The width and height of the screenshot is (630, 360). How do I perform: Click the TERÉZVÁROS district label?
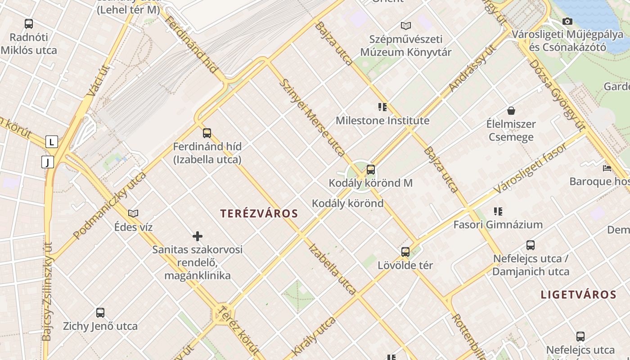259,213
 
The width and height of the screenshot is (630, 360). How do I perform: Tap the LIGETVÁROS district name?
578,295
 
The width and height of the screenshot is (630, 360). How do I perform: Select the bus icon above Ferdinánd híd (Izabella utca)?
207,133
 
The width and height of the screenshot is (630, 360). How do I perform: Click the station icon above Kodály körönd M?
371,170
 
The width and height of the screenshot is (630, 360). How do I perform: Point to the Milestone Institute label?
382,121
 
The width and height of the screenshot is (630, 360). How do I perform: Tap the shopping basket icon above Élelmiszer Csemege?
511,110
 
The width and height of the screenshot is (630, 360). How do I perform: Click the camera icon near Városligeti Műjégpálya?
567,21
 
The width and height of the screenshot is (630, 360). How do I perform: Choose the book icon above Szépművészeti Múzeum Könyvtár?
406,26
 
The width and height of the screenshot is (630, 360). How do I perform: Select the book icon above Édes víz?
133,213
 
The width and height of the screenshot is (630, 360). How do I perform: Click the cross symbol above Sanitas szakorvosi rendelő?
197,236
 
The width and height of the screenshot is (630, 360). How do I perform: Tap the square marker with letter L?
52,142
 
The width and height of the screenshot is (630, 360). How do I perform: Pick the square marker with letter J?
48,162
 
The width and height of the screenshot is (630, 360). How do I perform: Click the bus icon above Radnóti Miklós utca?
29,24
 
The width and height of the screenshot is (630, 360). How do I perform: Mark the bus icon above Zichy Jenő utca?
100,312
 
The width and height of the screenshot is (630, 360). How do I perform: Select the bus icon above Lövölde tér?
405,252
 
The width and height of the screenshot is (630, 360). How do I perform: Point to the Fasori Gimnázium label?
498,224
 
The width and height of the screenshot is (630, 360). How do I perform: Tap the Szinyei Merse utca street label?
312,118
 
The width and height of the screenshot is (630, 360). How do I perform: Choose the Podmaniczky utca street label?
110,205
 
